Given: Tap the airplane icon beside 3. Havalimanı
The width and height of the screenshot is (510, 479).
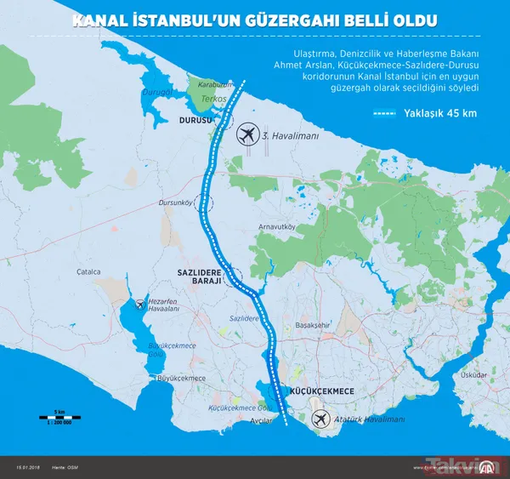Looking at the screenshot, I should (x=247, y=134).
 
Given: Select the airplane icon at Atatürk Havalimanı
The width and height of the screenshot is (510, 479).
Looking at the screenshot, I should (x=320, y=419).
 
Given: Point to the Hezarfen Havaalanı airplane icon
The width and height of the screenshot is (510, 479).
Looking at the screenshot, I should (x=139, y=304).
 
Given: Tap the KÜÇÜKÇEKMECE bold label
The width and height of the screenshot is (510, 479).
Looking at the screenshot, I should (x=321, y=391).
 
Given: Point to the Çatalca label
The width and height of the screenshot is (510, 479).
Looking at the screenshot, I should (x=88, y=272).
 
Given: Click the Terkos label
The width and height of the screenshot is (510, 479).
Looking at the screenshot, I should (x=211, y=100).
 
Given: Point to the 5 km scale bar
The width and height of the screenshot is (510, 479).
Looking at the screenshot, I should (x=59, y=417).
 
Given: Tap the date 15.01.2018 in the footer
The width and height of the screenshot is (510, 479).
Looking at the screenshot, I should (x=28, y=467).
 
